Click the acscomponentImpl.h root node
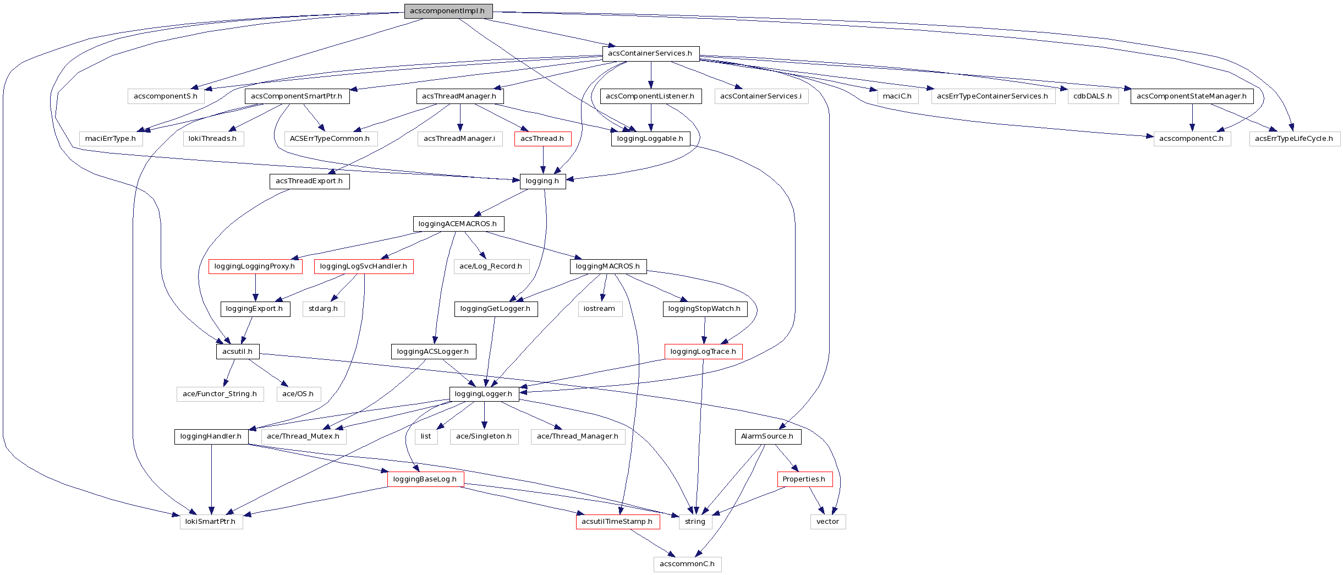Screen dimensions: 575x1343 (448, 11)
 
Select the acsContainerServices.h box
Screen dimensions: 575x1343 (650, 53)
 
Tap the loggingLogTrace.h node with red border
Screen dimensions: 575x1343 (703, 352)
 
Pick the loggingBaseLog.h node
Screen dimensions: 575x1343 (425, 479)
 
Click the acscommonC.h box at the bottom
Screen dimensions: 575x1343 (687, 564)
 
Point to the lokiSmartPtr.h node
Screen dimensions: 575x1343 (211, 522)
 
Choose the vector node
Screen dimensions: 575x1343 (827, 522)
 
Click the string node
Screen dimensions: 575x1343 (695, 522)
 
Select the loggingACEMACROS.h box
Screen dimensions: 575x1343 (458, 224)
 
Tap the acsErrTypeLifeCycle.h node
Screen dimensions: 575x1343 (1294, 139)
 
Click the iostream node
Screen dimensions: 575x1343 (599, 309)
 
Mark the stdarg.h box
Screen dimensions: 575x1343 (323, 309)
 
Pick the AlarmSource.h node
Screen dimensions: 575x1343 (768, 436)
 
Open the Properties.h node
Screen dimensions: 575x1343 (804, 479)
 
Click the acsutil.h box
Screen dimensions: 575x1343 (238, 352)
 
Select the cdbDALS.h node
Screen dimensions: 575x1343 (1093, 96)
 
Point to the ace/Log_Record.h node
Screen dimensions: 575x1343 (491, 266)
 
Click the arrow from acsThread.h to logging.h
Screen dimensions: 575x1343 (543, 160)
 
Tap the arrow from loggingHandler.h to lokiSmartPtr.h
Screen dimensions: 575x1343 (211, 479)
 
